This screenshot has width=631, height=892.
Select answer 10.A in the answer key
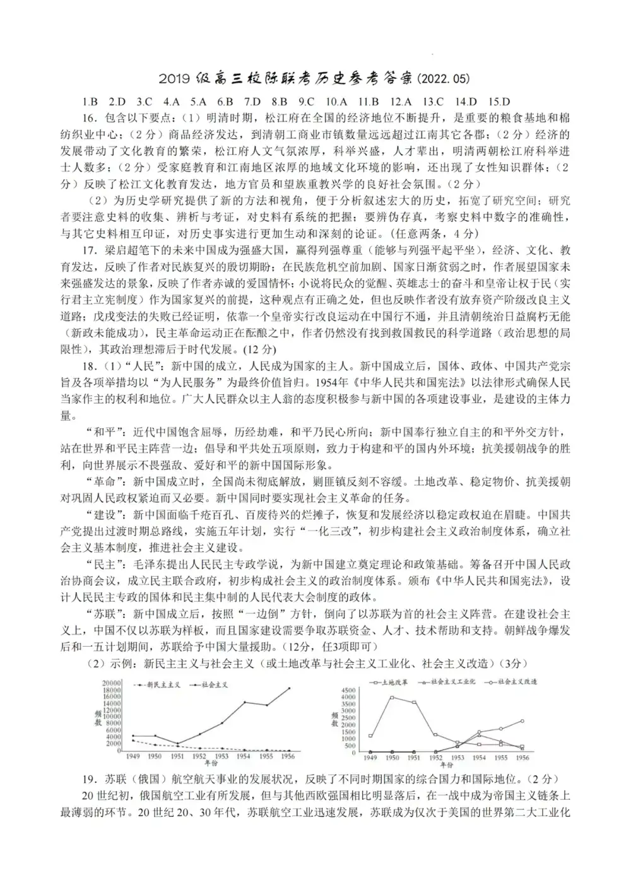tap(336, 102)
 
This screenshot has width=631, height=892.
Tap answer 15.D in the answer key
tap(498, 102)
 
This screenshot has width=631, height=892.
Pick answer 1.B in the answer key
tap(90, 102)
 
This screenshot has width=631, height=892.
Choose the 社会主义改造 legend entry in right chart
tap(517, 682)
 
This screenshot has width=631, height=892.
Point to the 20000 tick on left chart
tap(112, 683)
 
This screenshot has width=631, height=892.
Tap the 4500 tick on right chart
tap(349, 691)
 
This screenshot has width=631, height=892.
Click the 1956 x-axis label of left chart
tap(287, 756)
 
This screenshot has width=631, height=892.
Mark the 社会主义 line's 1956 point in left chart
tap(290, 688)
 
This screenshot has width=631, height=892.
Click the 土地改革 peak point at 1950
tap(392, 697)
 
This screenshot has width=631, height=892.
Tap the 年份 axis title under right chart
tap(447, 764)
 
